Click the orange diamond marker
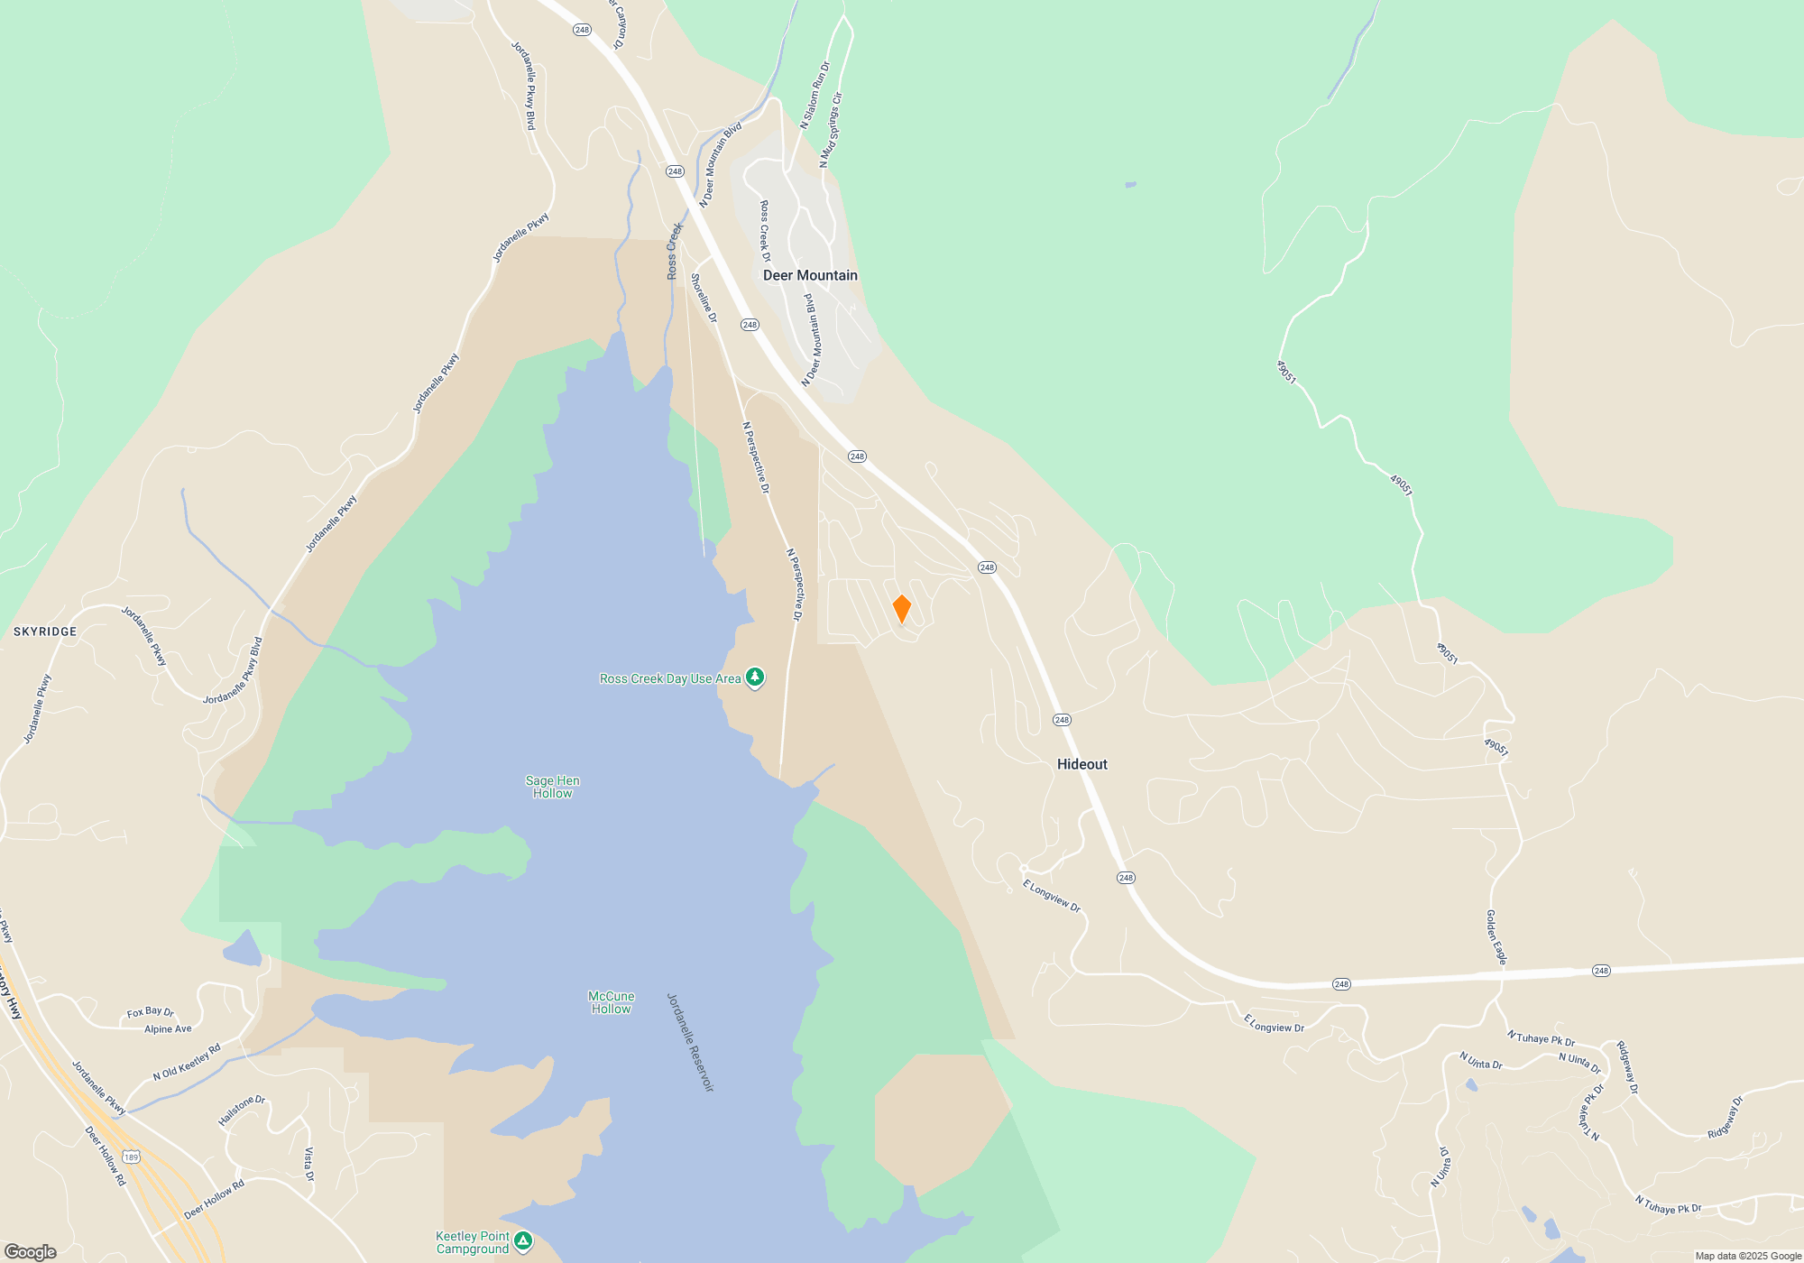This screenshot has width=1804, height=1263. point(901,609)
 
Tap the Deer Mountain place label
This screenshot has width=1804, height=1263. point(810,275)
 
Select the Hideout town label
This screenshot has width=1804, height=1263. point(1081,764)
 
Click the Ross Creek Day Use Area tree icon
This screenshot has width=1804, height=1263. point(755,678)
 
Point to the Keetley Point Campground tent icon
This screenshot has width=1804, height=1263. point(522,1242)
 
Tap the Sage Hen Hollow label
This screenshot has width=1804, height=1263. point(552,787)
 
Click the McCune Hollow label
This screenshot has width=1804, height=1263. point(611,1002)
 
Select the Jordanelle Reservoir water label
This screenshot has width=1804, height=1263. point(690,1043)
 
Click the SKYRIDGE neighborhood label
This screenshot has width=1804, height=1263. point(45,631)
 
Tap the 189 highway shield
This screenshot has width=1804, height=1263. point(132,1157)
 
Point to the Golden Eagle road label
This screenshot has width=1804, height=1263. point(1496,937)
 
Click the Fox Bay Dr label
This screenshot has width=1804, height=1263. point(150,1012)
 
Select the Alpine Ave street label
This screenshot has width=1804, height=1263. point(168,1029)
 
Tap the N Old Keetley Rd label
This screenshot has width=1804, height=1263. point(187,1063)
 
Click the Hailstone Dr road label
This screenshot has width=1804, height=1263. point(242,1111)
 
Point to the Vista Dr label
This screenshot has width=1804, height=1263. point(308,1164)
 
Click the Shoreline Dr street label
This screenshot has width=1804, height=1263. point(704,298)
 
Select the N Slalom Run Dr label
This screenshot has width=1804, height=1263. point(815,95)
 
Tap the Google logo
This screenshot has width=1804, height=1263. point(31,1252)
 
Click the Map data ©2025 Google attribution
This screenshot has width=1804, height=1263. point(1747,1256)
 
